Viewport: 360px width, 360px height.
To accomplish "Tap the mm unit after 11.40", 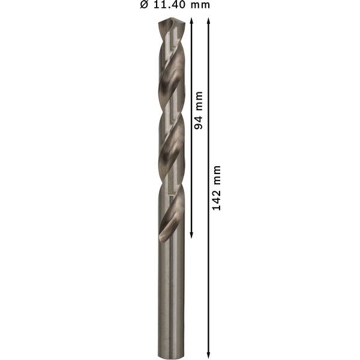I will (x=197, y=5).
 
